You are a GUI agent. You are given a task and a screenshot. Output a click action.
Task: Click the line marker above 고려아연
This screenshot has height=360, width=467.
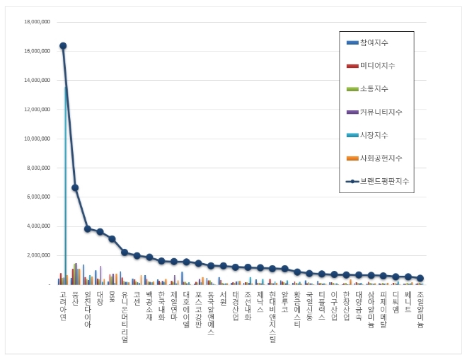(x=63, y=46)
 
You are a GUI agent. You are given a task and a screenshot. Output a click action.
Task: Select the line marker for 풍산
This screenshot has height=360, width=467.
(x=75, y=187)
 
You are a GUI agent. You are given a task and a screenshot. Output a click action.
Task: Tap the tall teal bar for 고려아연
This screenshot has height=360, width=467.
(x=66, y=184)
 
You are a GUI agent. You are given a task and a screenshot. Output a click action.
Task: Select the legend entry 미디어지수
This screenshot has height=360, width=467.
(x=377, y=66)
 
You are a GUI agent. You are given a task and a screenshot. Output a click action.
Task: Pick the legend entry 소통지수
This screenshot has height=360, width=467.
(x=374, y=89)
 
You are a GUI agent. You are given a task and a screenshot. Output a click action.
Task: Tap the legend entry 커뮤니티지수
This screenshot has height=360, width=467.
(x=381, y=112)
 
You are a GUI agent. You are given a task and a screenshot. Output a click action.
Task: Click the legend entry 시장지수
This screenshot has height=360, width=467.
(x=374, y=134)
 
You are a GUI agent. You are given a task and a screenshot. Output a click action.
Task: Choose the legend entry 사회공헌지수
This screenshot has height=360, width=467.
(x=381, y=158)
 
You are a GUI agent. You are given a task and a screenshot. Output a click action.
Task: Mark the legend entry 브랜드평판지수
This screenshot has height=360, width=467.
(x=384, y=181)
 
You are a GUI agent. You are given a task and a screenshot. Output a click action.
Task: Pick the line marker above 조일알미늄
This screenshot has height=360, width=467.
(x=420, y=278)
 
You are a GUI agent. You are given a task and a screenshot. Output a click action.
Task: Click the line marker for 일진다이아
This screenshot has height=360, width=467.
(x=88, y=228)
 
